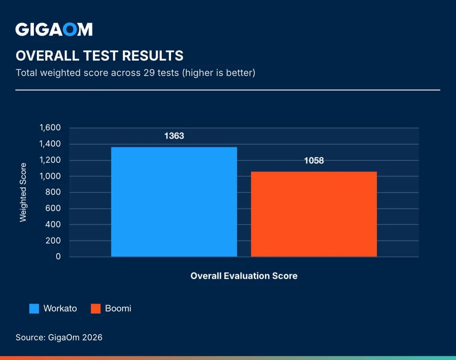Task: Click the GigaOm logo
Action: pyautogui.click(x=54, y=29)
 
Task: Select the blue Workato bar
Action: pyautogui.click(x=174, y=202)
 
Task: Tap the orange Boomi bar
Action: pyautogui.click(x=314, y=214)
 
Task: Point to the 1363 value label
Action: pyautogui.click(x=174, y=136)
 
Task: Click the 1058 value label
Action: pyautogui.click(x=314, y=161)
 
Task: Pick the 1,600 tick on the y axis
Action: pyautogui.click(x=50, y=127)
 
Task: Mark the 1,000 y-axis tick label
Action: pyautogui.click(x=50, y=176)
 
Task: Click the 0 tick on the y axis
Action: pyautogui.click(x=58, y=256)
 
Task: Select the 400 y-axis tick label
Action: pyautogui.click(x=53, y=225)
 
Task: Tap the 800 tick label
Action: pyautogui.click(x=53, y=192)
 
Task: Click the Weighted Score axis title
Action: pyautogui.click(x=23, y=192)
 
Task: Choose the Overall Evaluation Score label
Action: pyautogui.click(x=244, y=276)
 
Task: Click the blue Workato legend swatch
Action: pyautogui.click(x=34, y=308)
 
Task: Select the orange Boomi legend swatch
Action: pyautogui.click(x=96, y=308)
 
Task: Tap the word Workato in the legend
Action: pyautogui.click(x=60, y=308)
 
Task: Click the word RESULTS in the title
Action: pyautogui.click(x=153, y=56)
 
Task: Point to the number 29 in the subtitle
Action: pyautogui.click(x=149, y=73)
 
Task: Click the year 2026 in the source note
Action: pyautogui.click(x=92, y=337)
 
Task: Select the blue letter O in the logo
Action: pyautogui.click(x=70, y=29)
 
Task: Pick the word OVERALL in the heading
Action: pyautogui.click(x=47, y=56)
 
